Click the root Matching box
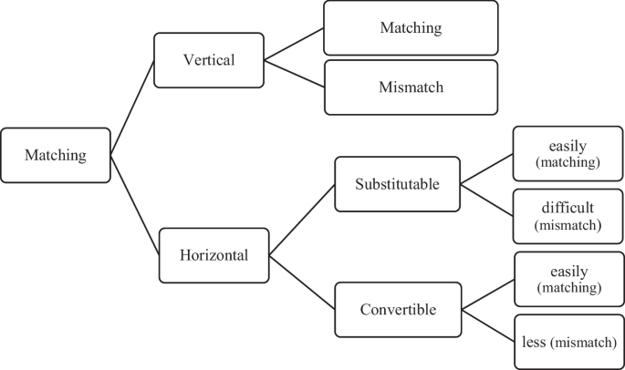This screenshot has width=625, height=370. [x=56, y=155]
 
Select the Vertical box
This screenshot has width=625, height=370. [x=209, y=60]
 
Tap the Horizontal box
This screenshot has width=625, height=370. [x=214, y=255]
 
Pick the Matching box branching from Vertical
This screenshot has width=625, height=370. [x=411, y=27]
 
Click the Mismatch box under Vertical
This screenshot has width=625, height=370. [x=411, y=87]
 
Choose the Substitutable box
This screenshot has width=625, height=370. [x=397, y=184]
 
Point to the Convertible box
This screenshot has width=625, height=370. [x=397, y=310]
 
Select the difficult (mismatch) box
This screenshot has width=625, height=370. [x=568, y=215]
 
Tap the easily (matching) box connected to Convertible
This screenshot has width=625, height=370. [x=569, y=279]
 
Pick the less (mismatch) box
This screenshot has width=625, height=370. [x=569, y=342]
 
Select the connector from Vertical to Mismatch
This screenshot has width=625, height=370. [x=294, y=74]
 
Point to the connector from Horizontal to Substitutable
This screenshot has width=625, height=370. [x=302, y=221]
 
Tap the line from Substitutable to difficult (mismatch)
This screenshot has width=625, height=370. [x=486, y=200]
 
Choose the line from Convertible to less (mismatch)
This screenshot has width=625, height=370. [x=487, y=325]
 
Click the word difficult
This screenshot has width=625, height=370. [x=568, y=208]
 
